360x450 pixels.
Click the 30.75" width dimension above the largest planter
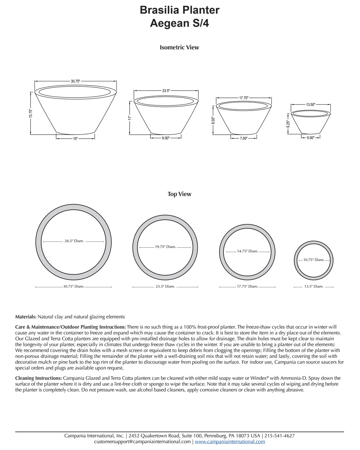tap(75, 81)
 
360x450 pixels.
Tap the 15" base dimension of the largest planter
tap(75, 139)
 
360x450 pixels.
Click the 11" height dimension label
tap(130, 118)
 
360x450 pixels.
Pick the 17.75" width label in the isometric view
tap(244, 98)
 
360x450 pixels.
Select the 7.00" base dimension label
tap(244, 138)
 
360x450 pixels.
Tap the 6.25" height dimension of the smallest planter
tap(288, 124)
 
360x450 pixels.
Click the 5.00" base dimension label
tap(310, 138)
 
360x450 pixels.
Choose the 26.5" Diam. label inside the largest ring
tap(74, 241)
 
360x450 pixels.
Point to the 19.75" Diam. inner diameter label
tap(165, 247)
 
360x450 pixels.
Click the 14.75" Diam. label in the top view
tap(247, 251)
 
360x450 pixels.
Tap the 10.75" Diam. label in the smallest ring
tap(314, 260)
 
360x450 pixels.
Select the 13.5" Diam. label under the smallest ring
tap(314, 287)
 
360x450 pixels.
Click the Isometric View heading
tap(179, 48)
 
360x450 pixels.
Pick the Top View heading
tap(179, 194)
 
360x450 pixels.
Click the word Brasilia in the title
tap(160, 10)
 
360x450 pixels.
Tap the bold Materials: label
tap(26, 317)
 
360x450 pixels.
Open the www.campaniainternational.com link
tap(230, 441)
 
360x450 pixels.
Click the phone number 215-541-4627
tap(280, 436)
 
